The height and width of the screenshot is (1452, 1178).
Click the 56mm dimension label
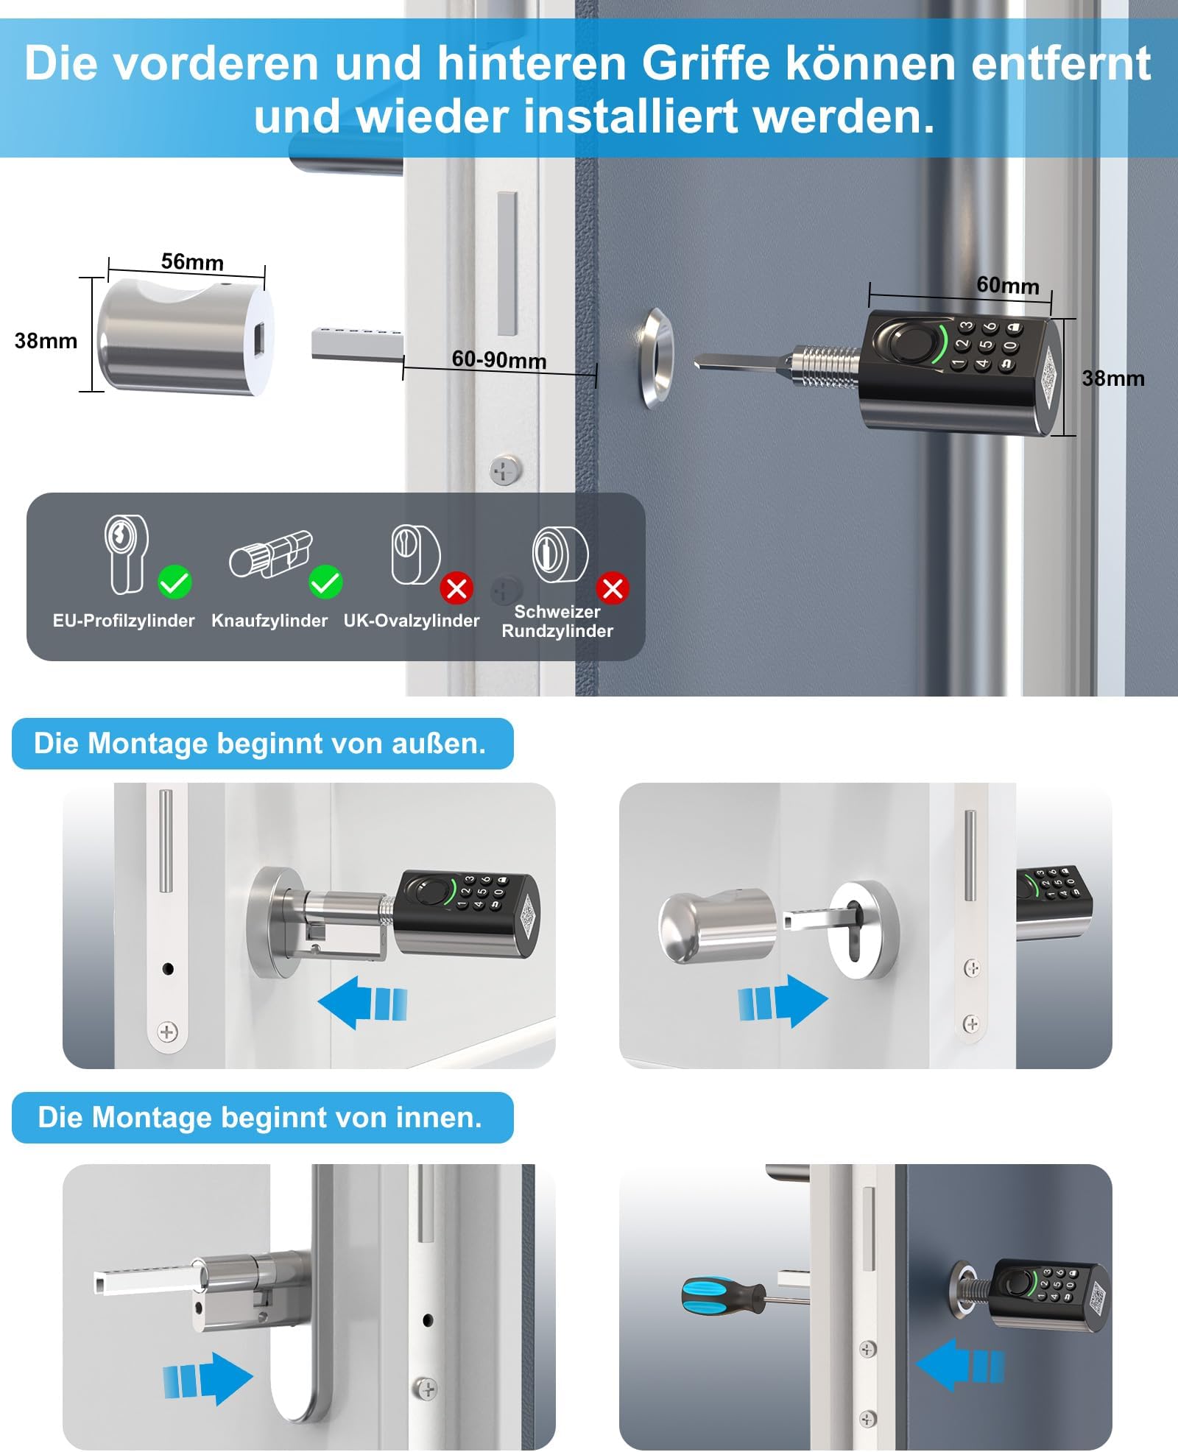(192, 261)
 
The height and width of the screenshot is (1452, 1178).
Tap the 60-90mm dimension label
(499, 359)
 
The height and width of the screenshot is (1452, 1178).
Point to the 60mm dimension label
(1008, 285)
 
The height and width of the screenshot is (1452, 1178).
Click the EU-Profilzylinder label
(124, 621)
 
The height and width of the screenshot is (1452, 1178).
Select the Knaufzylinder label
(269, 621)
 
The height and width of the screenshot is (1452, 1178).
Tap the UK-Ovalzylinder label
(412, 621)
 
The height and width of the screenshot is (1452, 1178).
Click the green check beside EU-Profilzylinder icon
(174, 583)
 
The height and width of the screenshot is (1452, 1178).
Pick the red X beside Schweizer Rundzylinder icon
(613, 588)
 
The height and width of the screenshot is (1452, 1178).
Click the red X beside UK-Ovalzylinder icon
(456, 588)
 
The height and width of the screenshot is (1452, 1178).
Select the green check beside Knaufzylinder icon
(325, 583)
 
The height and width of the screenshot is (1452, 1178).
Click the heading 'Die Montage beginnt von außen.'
(260, 744)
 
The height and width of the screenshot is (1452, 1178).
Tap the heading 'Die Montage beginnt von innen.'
(260, 1118)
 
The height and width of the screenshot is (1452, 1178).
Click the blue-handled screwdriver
(744, 1297)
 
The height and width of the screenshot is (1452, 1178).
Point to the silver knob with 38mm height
(186, 336)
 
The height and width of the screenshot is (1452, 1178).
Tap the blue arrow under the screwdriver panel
(960, 1364)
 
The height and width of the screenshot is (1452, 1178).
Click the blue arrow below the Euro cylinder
(208, 1378)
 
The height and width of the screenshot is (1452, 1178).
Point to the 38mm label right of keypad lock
(1113, 378)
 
